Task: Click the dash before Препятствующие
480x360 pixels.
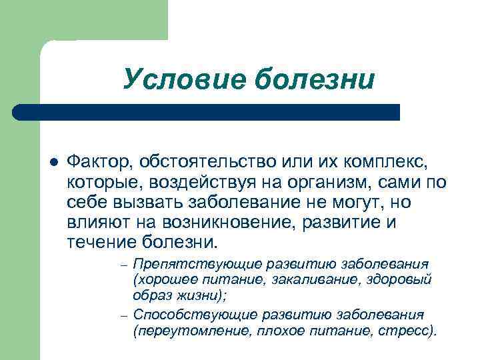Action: pos(124,264)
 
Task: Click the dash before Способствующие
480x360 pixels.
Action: pos(124,315)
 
